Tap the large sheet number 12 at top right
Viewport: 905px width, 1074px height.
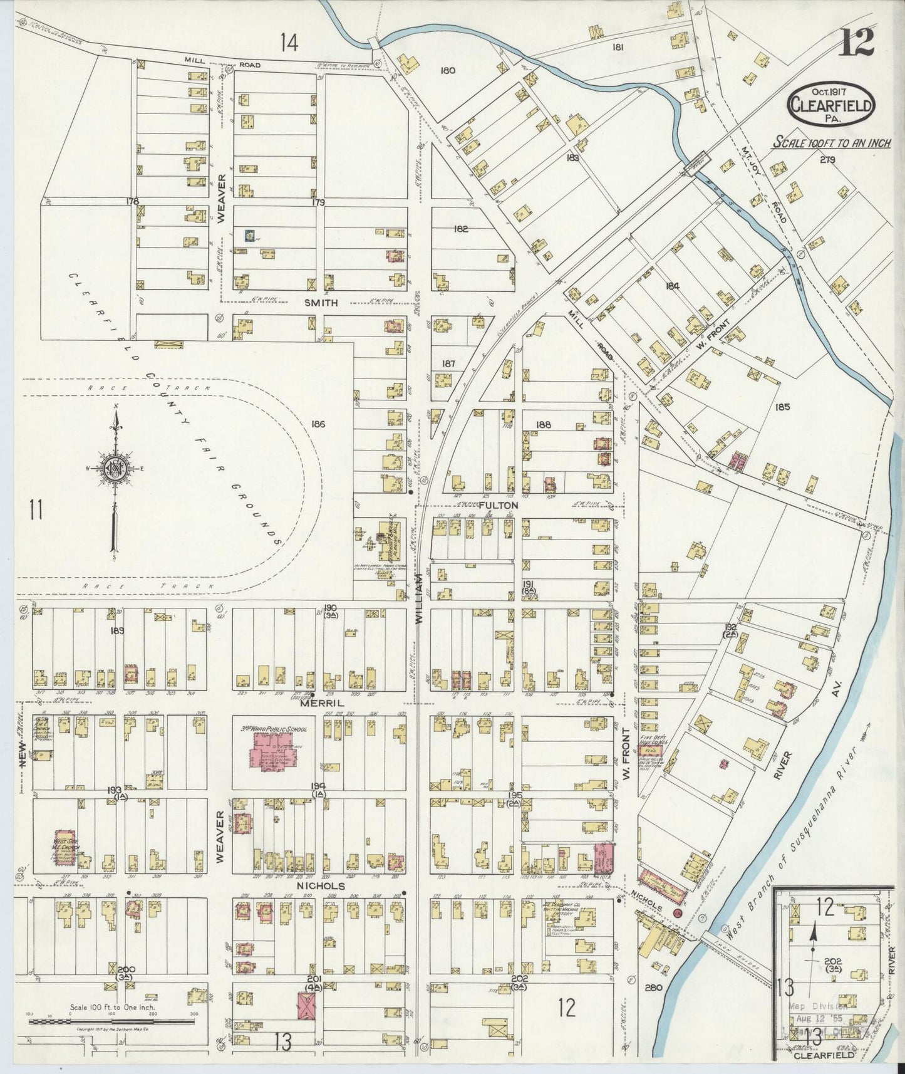(857, 43)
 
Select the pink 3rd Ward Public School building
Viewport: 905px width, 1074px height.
(273, 751)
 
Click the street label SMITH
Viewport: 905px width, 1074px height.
(321, 303)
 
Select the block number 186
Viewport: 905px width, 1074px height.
(318, 424)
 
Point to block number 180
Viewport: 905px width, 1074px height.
(447, 70)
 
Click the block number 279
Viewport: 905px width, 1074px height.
(827, 159)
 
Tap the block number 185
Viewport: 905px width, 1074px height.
(782, 407)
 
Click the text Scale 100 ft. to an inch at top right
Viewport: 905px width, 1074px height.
(832, 143)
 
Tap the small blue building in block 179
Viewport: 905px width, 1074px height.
(250, 236)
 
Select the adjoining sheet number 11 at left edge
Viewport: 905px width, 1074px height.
(36, 509)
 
